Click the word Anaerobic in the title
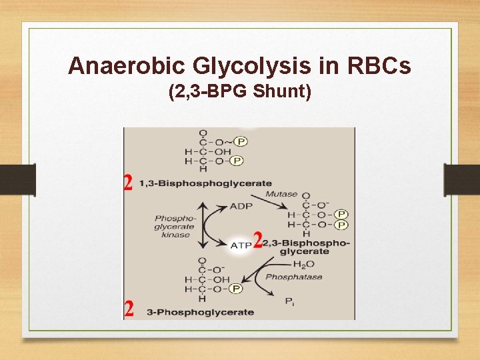pos(117,66)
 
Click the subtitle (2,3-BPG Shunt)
pos(240,91)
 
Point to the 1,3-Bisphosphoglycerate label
pos(205,183)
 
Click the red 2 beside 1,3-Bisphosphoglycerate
pos(129,183)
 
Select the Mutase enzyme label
pos(281,194)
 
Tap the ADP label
pos(241,206)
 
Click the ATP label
pos(241,245)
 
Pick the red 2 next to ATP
pos(257,240)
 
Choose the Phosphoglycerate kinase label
pos(174,226)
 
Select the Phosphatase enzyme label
pos(293,277)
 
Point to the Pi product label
pos(290,302)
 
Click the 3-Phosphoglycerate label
pos(200,311)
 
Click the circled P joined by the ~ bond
pos(241,141)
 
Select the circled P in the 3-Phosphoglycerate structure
pos(235,289)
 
